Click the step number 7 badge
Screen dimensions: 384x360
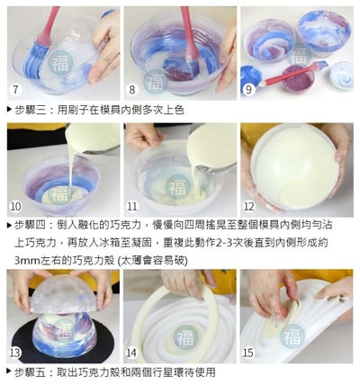[14, 90]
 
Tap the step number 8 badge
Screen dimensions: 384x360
[131, 90]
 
